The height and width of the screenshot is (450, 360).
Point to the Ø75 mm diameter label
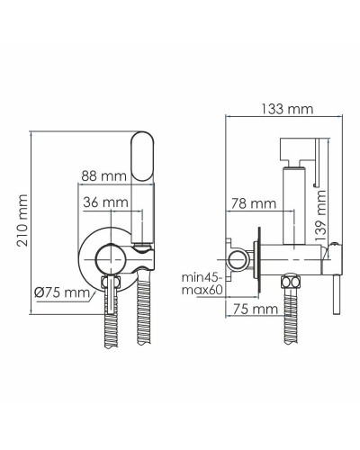point(61,292)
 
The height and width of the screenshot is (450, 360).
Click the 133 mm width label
point(271,109)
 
